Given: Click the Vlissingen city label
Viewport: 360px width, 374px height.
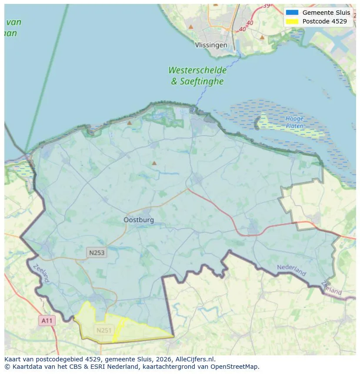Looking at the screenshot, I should [x=211, y=45].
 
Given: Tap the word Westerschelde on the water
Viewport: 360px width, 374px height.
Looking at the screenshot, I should [x=197, y=70].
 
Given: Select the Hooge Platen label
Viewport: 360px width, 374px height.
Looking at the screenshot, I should [x=294, y=122].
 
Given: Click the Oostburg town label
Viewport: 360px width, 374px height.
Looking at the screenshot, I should [x=139, y=220].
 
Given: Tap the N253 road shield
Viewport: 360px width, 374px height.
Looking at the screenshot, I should [x=97, y=252].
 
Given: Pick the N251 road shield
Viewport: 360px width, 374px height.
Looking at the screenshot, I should [x=104, y=330].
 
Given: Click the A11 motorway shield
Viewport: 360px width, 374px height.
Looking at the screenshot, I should [x=47, y=321].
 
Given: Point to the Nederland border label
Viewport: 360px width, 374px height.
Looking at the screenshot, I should [x=291, y=270].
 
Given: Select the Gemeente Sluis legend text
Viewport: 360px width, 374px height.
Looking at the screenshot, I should [x=326, y=13].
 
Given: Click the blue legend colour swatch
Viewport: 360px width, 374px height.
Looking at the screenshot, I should [x=292, y=13].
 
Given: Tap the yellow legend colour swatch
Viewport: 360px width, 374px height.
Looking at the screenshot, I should [x=292, y=21].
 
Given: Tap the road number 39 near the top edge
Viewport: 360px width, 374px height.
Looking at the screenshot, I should [x=266, y=5].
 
